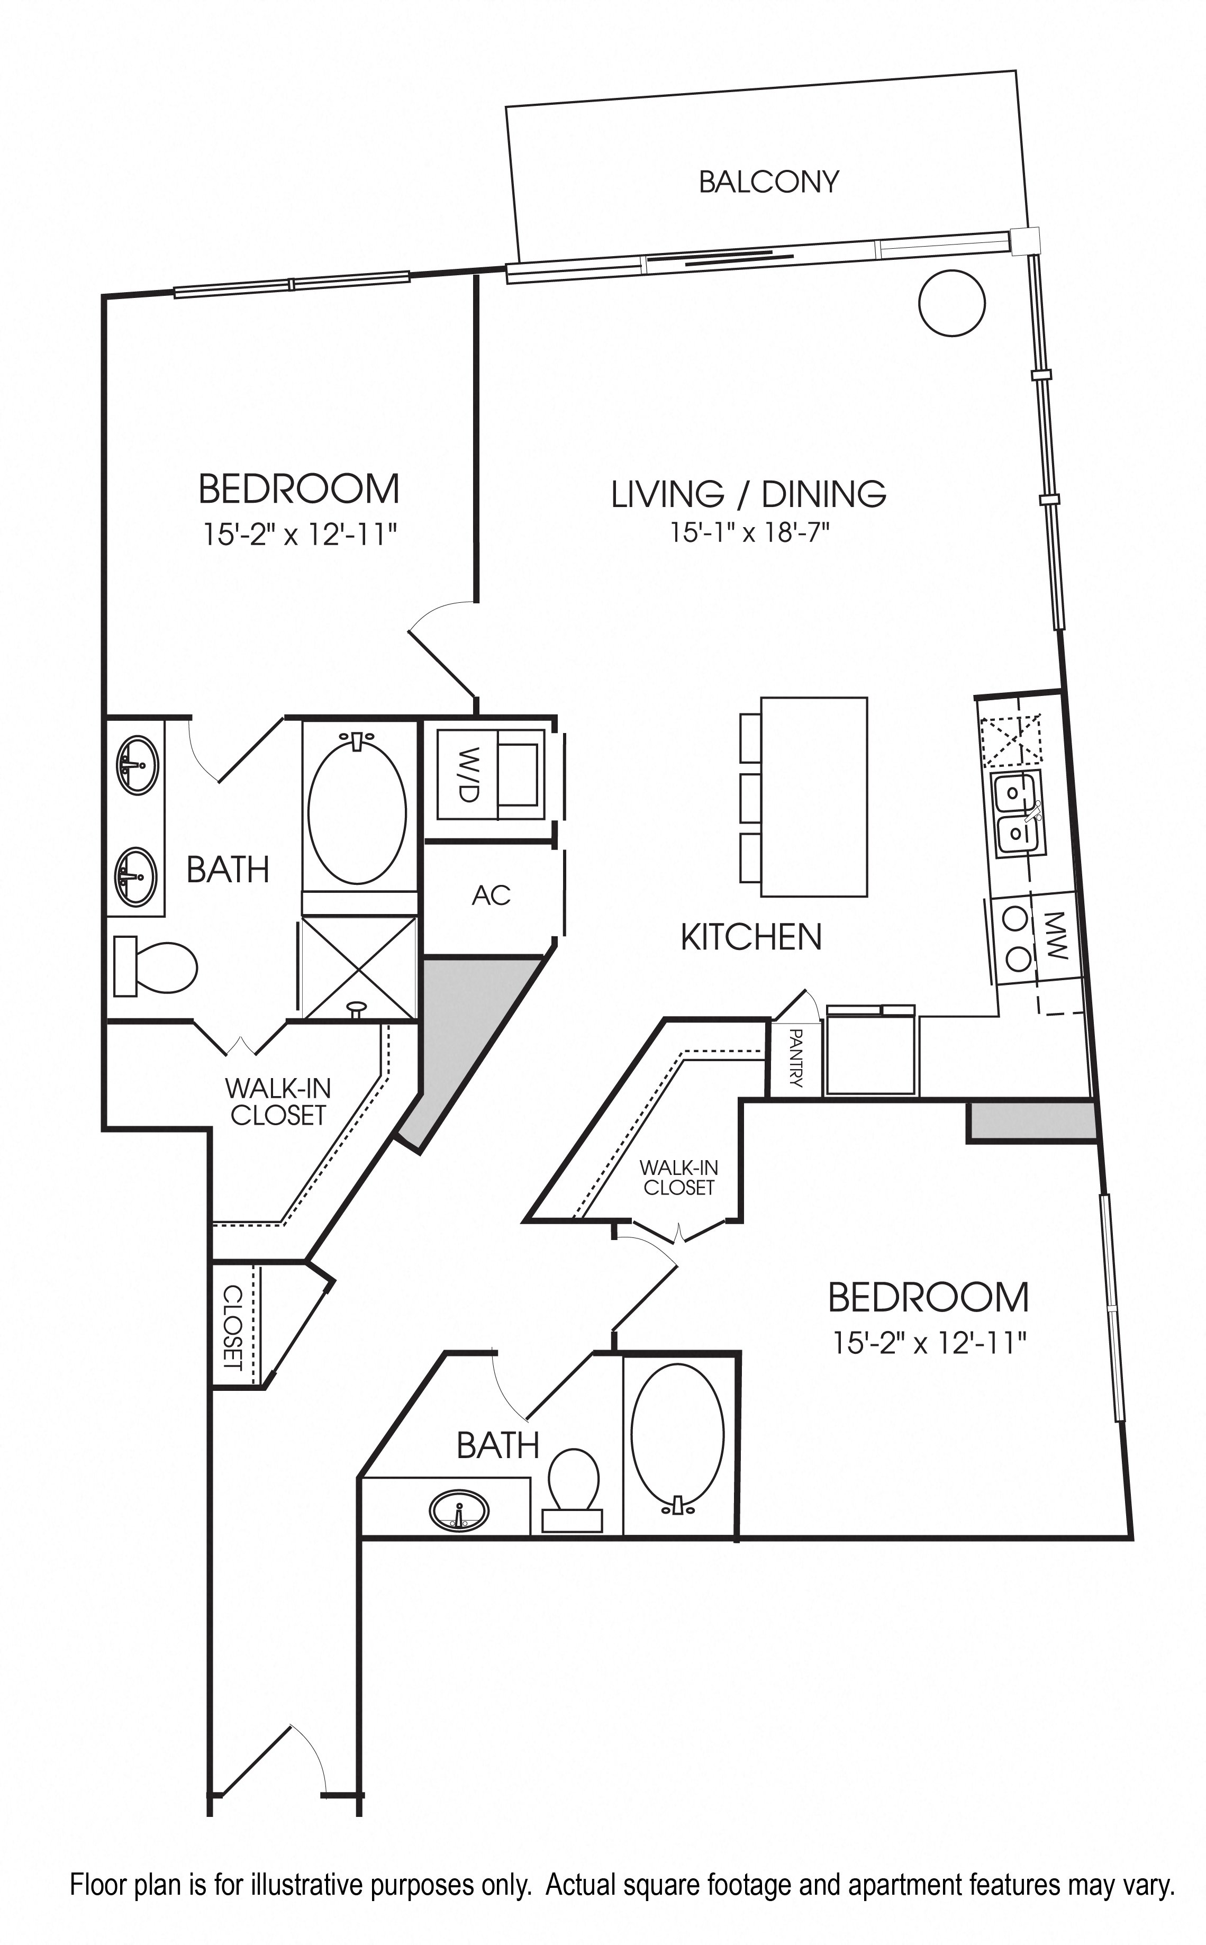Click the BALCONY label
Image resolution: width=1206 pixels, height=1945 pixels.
[x=769, y=182]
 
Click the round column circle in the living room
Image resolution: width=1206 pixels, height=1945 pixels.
[x=953, y=303]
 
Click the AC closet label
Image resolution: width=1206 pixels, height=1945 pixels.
[x=491, y=895]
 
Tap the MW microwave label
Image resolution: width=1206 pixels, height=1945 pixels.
[x=1055, y=935]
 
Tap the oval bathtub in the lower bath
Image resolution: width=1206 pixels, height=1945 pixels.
[x=678, y=1440]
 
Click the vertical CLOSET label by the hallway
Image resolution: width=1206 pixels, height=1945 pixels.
[x=232, y=1326]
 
